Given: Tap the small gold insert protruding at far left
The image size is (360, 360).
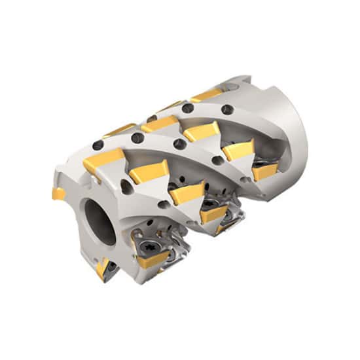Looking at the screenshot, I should tap(56, 193).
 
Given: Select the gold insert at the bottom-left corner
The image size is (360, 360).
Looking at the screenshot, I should tap(103, 268).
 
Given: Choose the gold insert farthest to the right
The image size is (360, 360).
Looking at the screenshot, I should tap(264, 171).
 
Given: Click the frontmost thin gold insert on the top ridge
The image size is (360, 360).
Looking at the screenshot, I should tap(119, 130).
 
